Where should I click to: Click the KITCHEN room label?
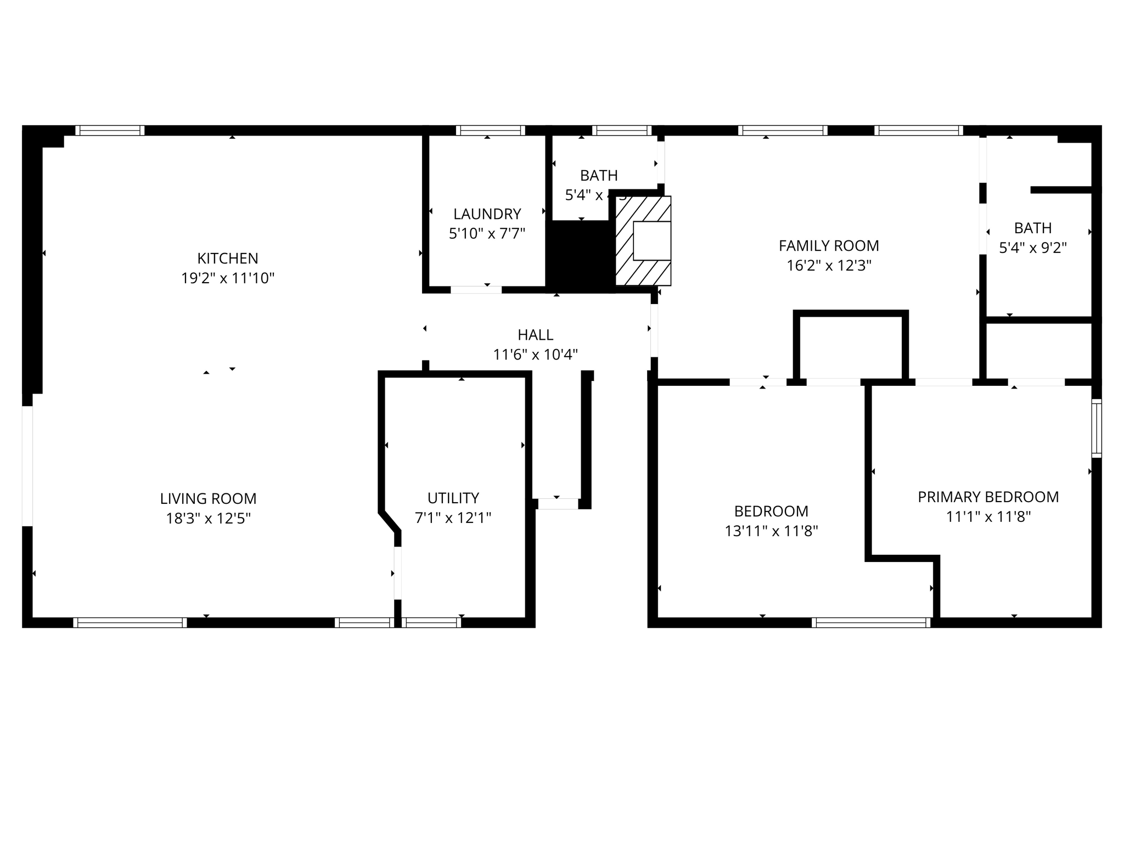point(227,258)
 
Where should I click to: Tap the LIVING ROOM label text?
point(208,498)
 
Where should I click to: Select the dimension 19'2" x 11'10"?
point(227,278)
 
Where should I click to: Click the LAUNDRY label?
point(487,213)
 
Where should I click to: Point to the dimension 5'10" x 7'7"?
point(487,234)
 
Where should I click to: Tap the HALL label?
point(535,335)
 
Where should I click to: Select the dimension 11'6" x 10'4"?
point(535,355)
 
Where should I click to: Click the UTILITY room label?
point(453,498)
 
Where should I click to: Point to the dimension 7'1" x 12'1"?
point(453,518)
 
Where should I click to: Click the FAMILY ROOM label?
point(829,246)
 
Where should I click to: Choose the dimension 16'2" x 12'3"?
point(829,266)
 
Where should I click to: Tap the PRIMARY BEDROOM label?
point(988,497)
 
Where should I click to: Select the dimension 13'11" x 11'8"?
point(771,531)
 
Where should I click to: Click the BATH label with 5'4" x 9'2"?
point(1032,228)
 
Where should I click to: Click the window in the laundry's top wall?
point(490,131)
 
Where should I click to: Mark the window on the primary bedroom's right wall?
point(1096,429)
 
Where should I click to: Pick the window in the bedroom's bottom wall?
point(871,622)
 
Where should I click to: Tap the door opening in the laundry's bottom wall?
point(476,290)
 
